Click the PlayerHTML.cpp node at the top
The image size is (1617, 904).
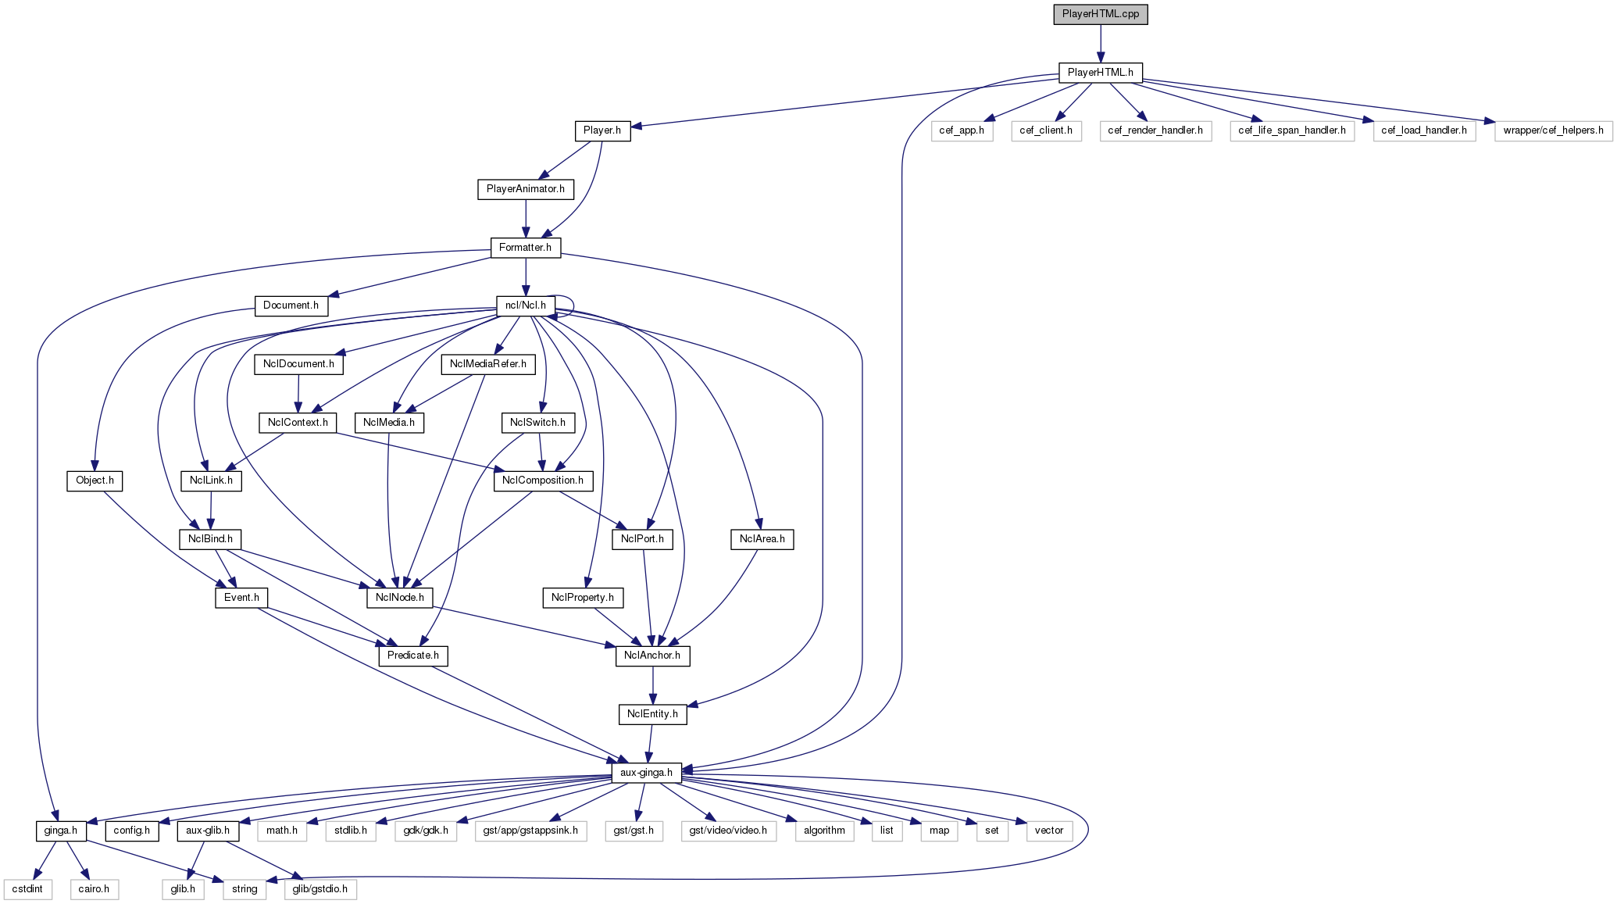pyautogui.click(x=1100, y=14)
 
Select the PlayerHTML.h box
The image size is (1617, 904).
pyautogui.click(x=1100, y=73)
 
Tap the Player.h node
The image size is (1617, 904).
pyautogui.click(x=601, y=130)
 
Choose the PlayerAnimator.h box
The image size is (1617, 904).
pyautogui.click(x=525, y=189)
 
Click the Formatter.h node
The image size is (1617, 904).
pyautogui.click(x=525, y=248)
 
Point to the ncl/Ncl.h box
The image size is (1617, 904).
pyautogui.click(x=525, y=306)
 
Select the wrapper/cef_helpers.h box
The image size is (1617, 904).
pyautogui.click(x=1552, y=130)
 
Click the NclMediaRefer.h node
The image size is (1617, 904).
pyautogui.click(x=487, y=364)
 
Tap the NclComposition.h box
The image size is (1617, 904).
pyautogui.click(x=542, y=481)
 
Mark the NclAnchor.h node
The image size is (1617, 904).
pyautogui.click(x=651, y=656)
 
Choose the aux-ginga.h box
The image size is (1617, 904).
pyautogui.click(x=646, y=773)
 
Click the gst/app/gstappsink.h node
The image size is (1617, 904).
pyautogui.click(x=530, y=831)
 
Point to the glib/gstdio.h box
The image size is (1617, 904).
pyautogui.click(x=319, y=889)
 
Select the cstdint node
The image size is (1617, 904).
pyautogui.click(x=28, y=889)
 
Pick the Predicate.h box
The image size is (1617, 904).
pyautogui.click(x=412, y=656)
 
